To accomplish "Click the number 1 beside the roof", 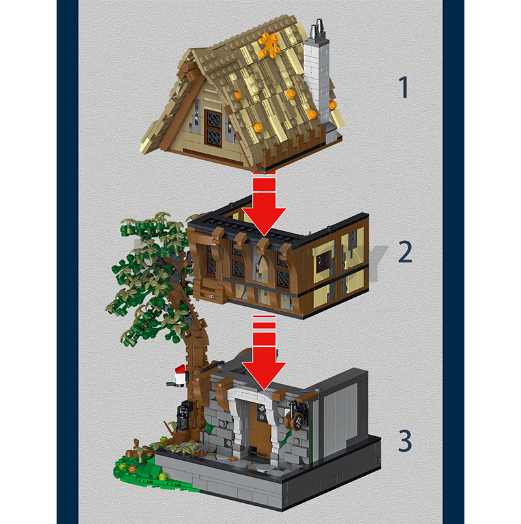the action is click(404, 87).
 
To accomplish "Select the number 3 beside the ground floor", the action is click(405, 441).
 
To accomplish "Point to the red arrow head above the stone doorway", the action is click(264, 376).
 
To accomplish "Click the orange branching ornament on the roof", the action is click(268, 46).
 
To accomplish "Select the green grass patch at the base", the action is click(147, 472).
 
